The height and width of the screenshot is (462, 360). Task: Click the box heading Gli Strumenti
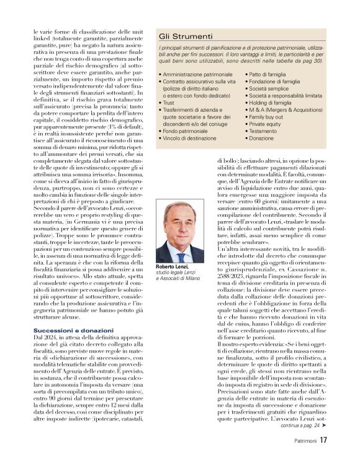pos(186,37)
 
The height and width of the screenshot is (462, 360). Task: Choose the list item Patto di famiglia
pos(271,75)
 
